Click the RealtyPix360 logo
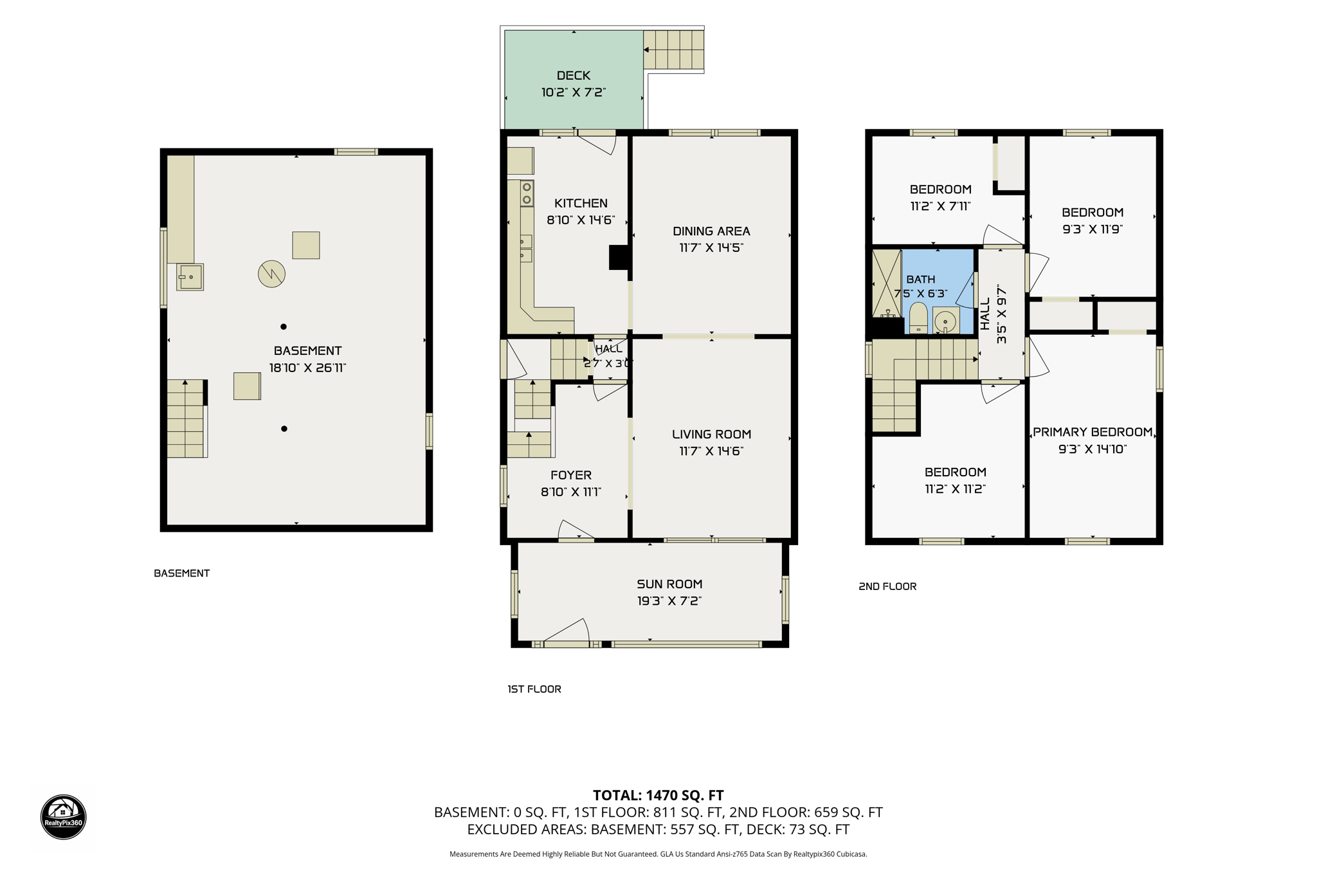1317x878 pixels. point(63,817)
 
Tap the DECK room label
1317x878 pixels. point(573,76)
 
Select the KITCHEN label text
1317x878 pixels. point(581,203)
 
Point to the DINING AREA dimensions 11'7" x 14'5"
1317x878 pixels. point(711,247)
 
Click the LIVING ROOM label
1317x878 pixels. point(711,435)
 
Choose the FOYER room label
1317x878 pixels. point(571,475)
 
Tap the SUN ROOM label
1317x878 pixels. point(669,584)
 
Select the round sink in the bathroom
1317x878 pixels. point(945,321)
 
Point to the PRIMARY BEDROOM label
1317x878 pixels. point(1093,432)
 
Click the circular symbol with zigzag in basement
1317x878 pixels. point(271,274)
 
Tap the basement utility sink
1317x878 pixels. point(190,277)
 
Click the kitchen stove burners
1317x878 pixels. point(527,193)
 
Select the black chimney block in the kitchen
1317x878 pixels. point(619,257)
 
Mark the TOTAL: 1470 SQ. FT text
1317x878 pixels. point(658,795)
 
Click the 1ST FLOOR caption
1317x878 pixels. point(534,689)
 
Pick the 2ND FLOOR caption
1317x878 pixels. point(887,586)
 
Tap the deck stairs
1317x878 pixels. point(673,49)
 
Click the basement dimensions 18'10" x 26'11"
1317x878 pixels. point(307,368)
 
